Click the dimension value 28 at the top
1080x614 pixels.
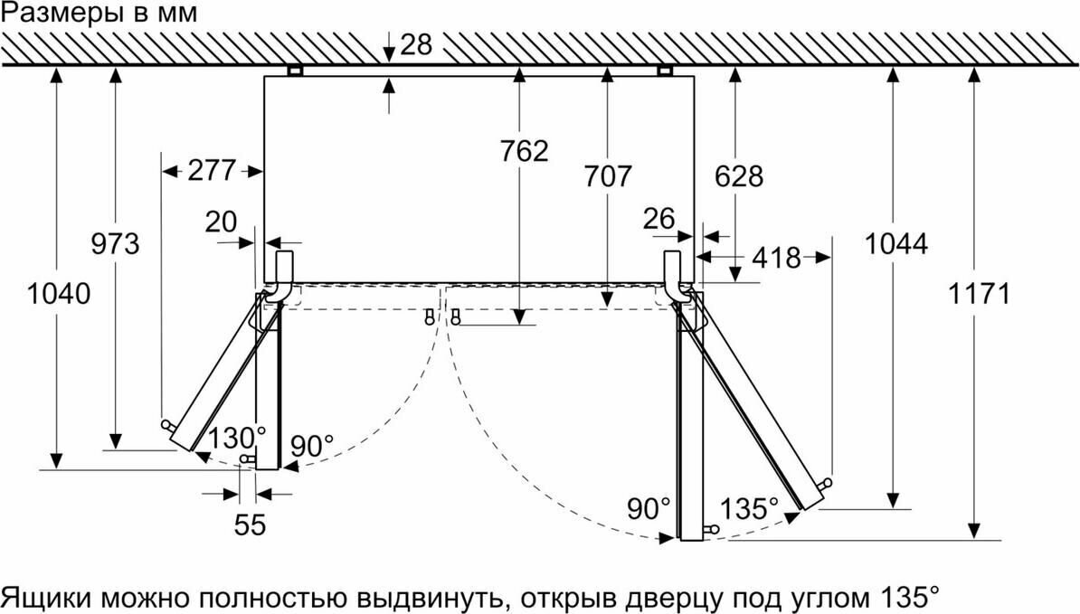[x=416, y=44]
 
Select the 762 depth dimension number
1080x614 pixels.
[x=524, y=151]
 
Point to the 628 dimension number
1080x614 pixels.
[x=738, y=175]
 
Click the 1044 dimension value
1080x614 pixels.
[x=895, y=243]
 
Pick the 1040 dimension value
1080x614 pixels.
[x=58, y=294]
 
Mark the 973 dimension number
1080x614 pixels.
[x=115, y=243]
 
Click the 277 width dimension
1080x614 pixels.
[x=212, y=170]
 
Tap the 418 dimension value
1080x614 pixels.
[x=775, y=259]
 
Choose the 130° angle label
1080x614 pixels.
[x=236, y=438]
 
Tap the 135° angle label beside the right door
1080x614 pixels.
[x=750, y=508]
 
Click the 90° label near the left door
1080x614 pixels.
[x=313, y=446]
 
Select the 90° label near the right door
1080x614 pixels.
[x=650, y=508]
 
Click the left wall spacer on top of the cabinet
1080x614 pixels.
[x=294, y=71]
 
